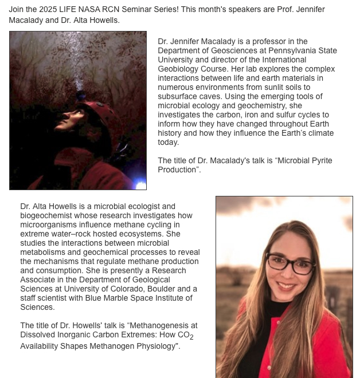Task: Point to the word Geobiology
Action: [178, 69]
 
